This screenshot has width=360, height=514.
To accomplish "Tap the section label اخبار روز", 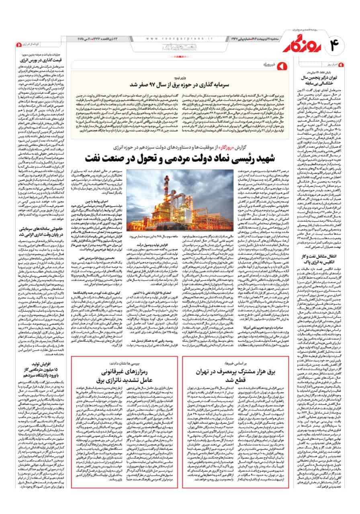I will (x=335, y=65).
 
